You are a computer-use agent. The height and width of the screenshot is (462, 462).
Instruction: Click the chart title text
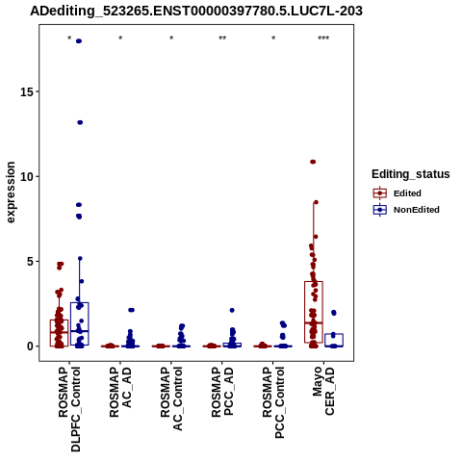(x=196, y=12)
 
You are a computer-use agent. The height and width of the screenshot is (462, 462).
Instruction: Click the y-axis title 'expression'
(x=11, y=192)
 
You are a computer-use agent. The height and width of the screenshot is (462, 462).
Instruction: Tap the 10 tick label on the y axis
(x=27, y=177)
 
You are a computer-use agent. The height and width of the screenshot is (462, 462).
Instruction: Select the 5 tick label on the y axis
(x=31, y=262)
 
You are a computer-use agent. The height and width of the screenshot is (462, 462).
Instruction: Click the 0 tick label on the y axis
(x=31, y=346)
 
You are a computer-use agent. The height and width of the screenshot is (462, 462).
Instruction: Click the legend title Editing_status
(x=411, y=174)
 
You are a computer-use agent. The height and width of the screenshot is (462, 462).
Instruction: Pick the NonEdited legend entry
(x=406, y=210)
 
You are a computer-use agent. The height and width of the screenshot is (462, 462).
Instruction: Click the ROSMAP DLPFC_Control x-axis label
(x=69, y=409)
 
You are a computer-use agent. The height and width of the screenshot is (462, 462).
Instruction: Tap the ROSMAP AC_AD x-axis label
(x=120, y=392)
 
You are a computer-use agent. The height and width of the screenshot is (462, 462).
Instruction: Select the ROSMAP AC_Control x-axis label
(x=171, y=398)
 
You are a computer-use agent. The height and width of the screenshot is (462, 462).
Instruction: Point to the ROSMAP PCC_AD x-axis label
(x=222, y=392)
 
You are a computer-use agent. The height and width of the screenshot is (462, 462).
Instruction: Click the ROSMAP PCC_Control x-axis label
(x=273, y=402)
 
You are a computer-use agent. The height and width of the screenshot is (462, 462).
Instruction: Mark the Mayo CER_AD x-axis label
(x=323, y=391)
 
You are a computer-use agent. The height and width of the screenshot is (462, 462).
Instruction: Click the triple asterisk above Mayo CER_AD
(x=323, y=38)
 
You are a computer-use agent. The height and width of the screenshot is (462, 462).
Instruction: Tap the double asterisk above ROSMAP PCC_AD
(x=222, y=38)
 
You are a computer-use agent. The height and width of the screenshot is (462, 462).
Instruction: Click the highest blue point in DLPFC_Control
(x=79, y=41)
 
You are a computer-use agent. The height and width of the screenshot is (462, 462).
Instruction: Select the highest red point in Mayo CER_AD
(x=313, y=162)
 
